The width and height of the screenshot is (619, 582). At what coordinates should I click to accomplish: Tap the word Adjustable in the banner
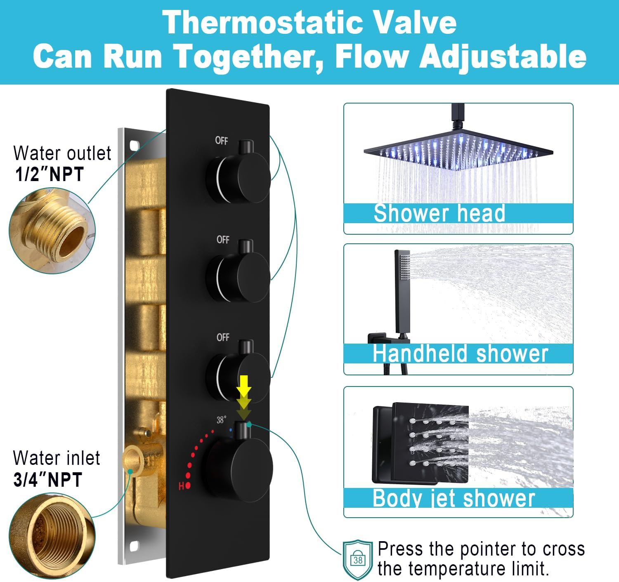503,57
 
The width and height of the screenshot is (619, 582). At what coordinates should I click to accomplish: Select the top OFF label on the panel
222,141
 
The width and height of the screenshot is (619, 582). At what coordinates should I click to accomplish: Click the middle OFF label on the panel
223,240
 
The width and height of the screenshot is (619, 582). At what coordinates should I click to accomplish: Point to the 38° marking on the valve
221,420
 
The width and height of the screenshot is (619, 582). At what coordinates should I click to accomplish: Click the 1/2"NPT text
49,174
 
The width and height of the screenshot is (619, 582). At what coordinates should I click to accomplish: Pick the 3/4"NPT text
48,479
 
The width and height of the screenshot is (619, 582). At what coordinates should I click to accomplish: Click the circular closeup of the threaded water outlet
52,231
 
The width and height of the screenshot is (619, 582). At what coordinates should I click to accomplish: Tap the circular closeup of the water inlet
52,535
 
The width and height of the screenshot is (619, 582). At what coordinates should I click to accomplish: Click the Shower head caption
439,213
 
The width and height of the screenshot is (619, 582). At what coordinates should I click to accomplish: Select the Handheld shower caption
461,353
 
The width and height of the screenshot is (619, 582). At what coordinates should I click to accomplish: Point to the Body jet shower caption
454,498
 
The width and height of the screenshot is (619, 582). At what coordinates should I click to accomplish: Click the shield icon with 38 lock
357,560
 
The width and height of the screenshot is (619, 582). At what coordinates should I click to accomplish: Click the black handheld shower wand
402,293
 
